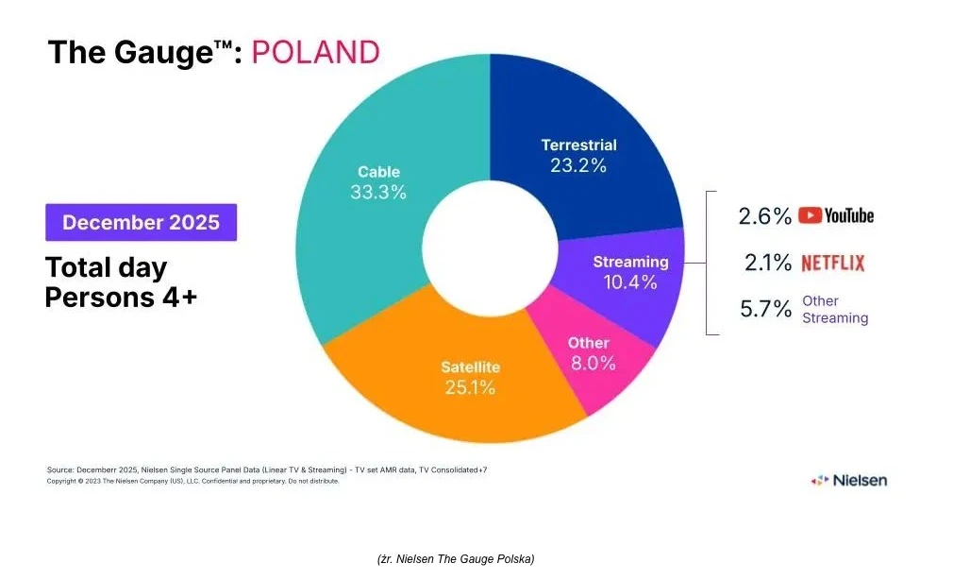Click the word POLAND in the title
pos(315,51)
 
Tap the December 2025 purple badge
pos(141,222)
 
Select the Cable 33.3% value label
pos(378,192)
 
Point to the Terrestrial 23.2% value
pos(578,165)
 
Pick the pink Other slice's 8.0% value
pos(589,363)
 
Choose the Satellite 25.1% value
pos(470,386)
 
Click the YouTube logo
pos(836,215)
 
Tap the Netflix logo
pos(832,263)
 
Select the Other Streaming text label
pos(834,309)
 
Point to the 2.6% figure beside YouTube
pos(764,216)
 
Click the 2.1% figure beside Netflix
pos(767,263)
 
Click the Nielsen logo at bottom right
pos(848,480)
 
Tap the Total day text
pos(106,267)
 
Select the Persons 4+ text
pos(121,297)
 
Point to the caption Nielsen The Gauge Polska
pos(456,559)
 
